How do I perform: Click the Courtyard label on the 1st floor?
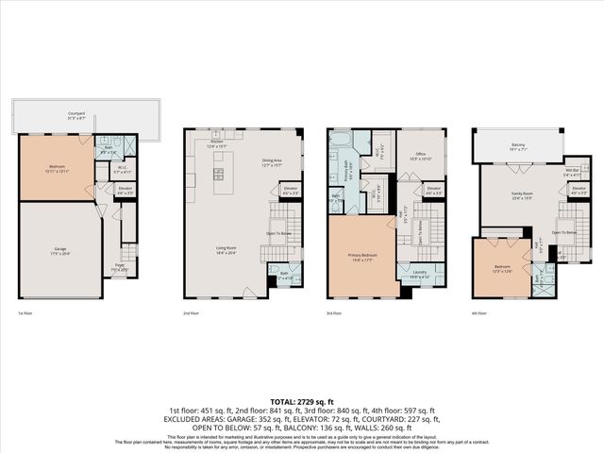76,114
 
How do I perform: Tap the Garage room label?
59,251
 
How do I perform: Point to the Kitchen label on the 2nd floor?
218,144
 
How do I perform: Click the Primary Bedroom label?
363,257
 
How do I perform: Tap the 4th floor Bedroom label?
501,269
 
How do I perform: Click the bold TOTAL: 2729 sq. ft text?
301,401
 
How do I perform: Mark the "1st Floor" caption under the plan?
25,311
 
